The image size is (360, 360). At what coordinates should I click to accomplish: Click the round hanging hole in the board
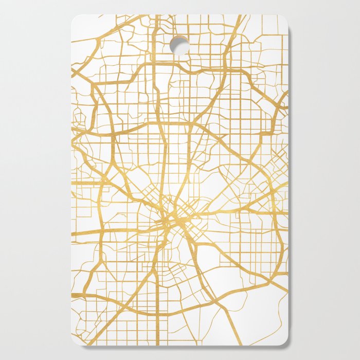coord(179,45)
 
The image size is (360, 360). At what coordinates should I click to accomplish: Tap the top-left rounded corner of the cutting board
coord(75,18)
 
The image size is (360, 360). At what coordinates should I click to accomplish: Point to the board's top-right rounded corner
coord(284,18)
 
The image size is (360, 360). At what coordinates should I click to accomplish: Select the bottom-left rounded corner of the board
coord(75,341)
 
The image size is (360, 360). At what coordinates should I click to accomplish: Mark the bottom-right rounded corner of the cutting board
coord(284,341)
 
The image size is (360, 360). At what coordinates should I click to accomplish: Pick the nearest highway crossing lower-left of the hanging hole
coord(155,65)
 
